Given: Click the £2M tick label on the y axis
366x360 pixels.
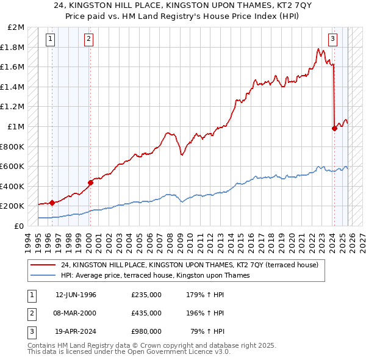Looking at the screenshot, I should tap(16, 27).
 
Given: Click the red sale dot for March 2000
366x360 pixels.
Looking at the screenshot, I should tap(90, 182).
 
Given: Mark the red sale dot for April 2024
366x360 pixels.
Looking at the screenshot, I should tap(334, 128).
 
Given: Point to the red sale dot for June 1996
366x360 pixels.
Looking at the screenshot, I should tap(52, 203).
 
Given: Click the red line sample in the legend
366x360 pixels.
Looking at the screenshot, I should tap(44, 265).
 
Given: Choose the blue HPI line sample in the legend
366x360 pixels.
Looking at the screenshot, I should tap(44, 275).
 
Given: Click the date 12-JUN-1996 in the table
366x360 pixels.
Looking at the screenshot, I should tap(76, 295).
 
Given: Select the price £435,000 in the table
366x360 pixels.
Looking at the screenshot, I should tap(146, 313).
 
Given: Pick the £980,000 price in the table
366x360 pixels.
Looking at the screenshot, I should tap(146, 331).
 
